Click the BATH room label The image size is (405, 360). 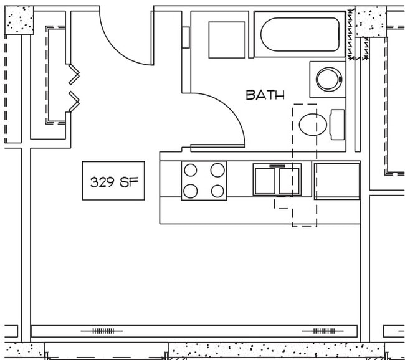pos(265,95)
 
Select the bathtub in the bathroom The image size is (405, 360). pos(300,34)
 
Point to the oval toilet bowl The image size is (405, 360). pos(313,125)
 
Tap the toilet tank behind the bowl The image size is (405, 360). pos(336,124)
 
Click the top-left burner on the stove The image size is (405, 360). pos(191,170)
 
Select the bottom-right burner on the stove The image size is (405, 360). pos(217,191)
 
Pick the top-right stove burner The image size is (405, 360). pos(217,170)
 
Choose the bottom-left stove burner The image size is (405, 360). pos(191,191)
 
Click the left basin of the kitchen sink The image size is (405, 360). pos(265,181)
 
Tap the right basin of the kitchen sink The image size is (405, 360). pos(289,181)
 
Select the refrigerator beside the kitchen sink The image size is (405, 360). pos(337,181)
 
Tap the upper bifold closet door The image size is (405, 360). pos(74,74)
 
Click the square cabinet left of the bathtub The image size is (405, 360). pos(227,39)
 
